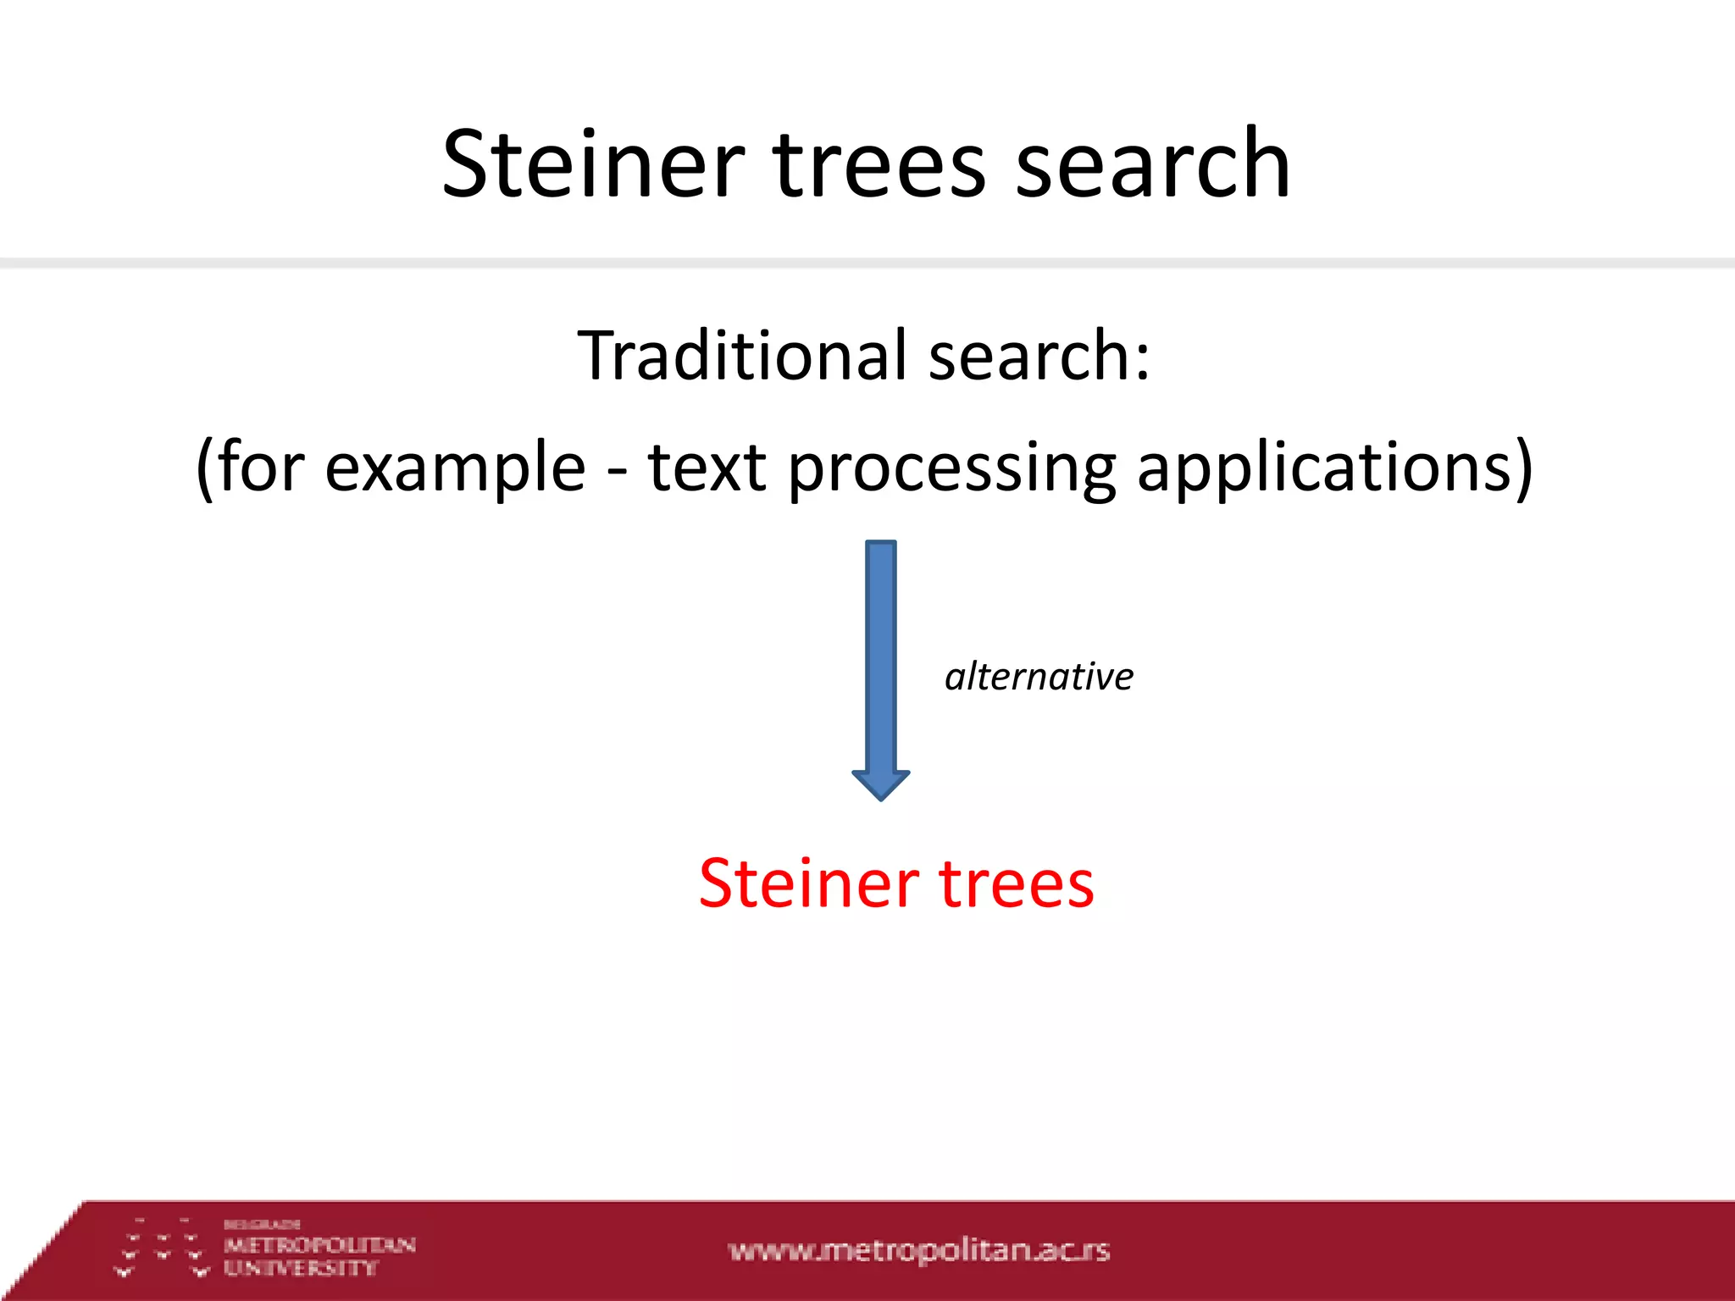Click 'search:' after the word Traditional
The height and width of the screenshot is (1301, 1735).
[x=1039, y=356]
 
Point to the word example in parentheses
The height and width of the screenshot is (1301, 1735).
[x=455, y=468]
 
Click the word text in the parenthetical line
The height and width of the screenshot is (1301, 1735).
[x=707, y=468]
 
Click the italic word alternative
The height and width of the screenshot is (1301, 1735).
[x=1039, y=677]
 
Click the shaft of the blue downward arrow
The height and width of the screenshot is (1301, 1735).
[x=880, y=652]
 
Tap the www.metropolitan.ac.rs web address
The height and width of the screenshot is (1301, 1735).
[x=918, y=1250]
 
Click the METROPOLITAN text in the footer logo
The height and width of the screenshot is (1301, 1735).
[x=319, y=1245]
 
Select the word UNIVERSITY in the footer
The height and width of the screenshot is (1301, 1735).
[x=300, y=1268]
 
